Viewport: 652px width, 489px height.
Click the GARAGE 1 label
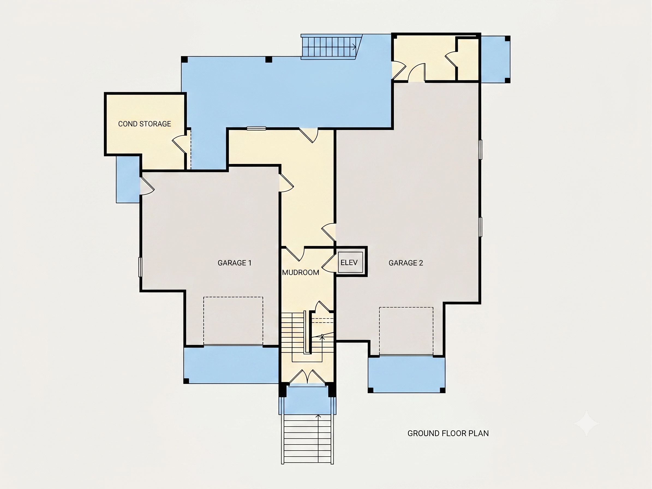coord(235,263)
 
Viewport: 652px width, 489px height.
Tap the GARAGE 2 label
coord(406,263)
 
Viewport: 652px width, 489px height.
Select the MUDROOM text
coord(300,273)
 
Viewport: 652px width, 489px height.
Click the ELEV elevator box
coord(350,262)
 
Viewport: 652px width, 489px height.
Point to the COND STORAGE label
coord(144,124)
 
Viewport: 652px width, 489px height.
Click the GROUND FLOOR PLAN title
coord(448,433)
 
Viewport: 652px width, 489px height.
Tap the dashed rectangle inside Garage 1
coord(233,321)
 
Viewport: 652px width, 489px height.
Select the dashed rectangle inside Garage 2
coord(406,331)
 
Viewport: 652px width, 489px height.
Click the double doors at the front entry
coord(307,376)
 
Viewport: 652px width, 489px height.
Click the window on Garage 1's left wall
coord(140,267)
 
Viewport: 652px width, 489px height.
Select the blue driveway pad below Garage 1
coord(231,365)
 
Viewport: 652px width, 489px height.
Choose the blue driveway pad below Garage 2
coord(406,374)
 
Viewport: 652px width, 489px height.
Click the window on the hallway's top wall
coord(256,128)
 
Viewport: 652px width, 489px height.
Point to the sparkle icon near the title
coord(586,424)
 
